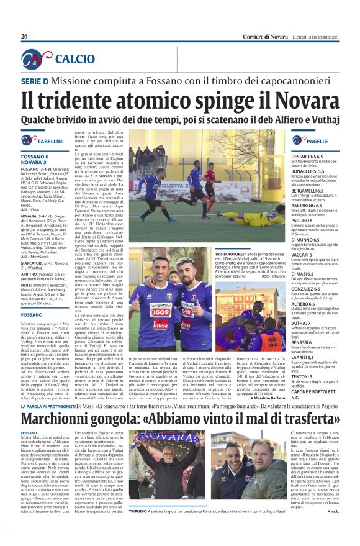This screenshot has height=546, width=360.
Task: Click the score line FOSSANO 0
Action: tap(35, 157)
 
